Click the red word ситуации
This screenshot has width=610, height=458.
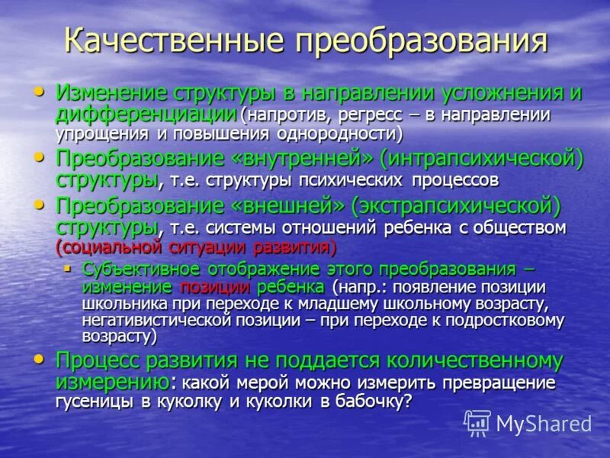[x=204, y=248]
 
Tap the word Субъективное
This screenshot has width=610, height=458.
[x=141, y=269]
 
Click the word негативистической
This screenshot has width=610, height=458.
[x=157, y=320]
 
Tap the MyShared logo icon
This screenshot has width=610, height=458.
[x=477, y=422]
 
